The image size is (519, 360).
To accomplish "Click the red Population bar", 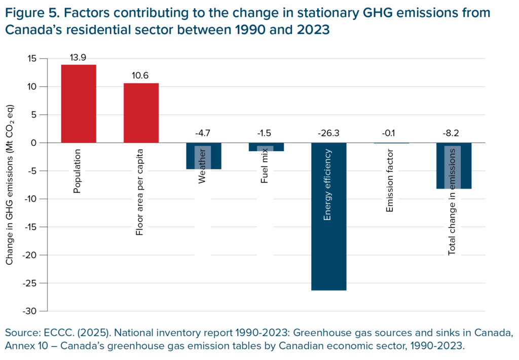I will (79, 103).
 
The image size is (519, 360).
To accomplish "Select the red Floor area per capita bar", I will (141, 113).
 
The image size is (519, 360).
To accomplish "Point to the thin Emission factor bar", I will (391, 143).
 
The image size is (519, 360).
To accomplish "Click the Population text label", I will (78, 171).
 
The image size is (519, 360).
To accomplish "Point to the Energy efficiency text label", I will (328, 185).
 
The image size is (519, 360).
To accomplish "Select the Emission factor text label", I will (390, 181).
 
